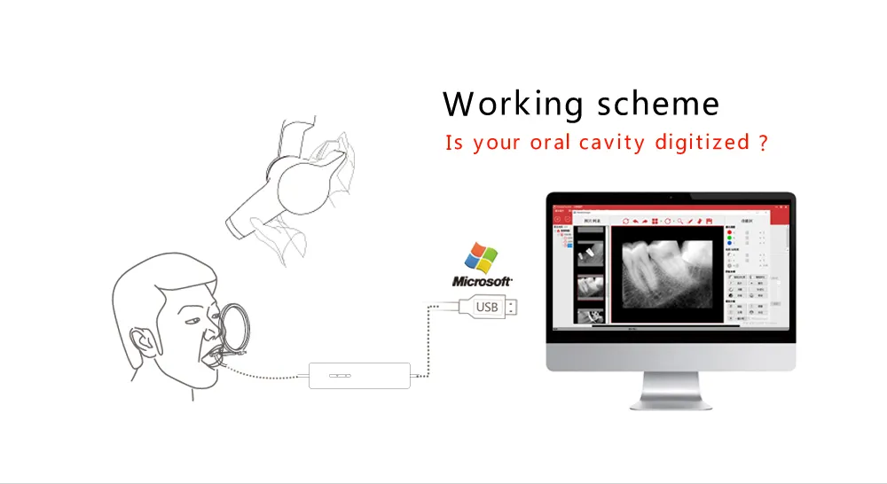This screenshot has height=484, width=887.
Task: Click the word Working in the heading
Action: pos(513,105)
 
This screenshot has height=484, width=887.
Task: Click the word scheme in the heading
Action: pos(657,104)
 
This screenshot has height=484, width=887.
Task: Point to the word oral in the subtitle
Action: pos(552,142)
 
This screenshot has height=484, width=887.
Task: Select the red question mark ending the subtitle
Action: pos(763,142)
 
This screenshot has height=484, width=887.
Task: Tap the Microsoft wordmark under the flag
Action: pos(483,282)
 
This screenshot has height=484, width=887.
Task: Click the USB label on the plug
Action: pos(488,307)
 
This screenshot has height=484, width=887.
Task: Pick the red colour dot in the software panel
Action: pos(729,233)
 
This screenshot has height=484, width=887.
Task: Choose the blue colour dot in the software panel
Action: pos(729,245)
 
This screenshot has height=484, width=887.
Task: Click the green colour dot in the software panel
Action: pos(729,238)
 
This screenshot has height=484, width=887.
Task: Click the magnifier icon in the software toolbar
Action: pos(679,221)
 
